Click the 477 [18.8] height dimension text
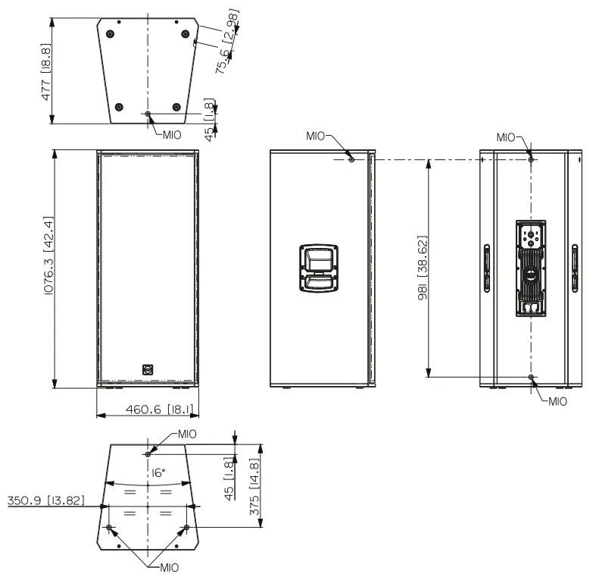[46, 72]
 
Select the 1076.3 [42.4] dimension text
[48, 267]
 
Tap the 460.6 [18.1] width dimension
[148, 410]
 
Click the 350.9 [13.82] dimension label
[45, 500]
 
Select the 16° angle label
[158, 472]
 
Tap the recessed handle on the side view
[320, 267]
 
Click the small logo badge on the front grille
[148, 370]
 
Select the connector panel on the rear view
[531, 268]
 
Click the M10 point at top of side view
[351, 158]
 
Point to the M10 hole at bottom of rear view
[531, 377]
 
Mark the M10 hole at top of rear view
[531, 158]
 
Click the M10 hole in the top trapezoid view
[148, 114]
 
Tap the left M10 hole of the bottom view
[110, 527]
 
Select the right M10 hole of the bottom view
[186, 527]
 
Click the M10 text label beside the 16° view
[187, 434]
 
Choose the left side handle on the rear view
[487, 267]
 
